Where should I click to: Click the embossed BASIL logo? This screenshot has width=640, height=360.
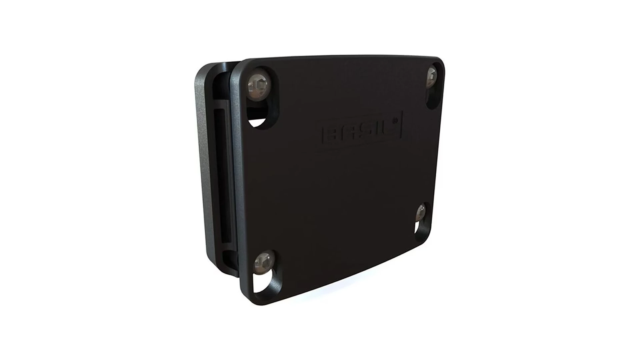coord(362,128)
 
